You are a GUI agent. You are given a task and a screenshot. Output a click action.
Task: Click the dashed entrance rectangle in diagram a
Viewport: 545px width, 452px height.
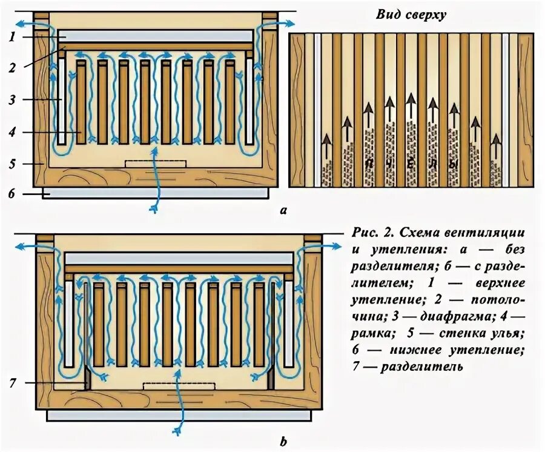click(156, 164)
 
